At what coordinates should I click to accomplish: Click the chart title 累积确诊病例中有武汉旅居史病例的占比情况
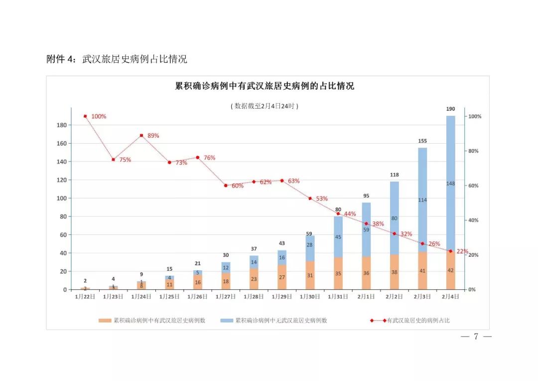[x=265, y=86]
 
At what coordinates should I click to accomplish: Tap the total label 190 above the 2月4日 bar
[x=450, y=109]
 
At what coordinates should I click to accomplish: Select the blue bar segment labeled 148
[x=450, y=184]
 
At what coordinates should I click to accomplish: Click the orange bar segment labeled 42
[x=450, y=271]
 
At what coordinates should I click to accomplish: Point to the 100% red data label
[x=99, y=116]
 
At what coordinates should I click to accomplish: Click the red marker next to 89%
[x=141, y=135]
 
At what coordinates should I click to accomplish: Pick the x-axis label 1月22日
[x=85, y=296]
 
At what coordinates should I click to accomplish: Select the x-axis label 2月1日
[x=366, y=296]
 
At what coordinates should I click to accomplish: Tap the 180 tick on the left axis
[x=62, y=125]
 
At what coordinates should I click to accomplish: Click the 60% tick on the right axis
[x=474, y=186]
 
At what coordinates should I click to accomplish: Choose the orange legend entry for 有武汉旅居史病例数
[x=152, y=321]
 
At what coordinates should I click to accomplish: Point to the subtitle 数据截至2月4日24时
[x=265, y=106]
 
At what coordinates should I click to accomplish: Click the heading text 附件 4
[x=61, y=59]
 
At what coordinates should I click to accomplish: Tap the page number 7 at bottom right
[x=476, y=337]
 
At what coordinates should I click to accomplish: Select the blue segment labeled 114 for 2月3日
[x=422, y=200]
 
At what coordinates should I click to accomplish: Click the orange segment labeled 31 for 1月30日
[x=310, y=275]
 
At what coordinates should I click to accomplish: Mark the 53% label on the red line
[x=322, y=198]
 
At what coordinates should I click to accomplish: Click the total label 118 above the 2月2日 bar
[x=394, y=175]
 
